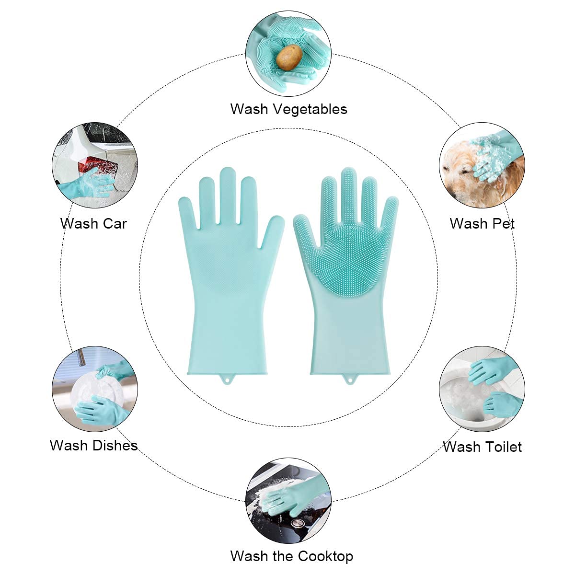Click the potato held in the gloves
[289, 57]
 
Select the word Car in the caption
[115, 224]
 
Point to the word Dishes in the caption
[115, 446]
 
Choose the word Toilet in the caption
[503, 447]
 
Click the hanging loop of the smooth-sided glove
[227, 379]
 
